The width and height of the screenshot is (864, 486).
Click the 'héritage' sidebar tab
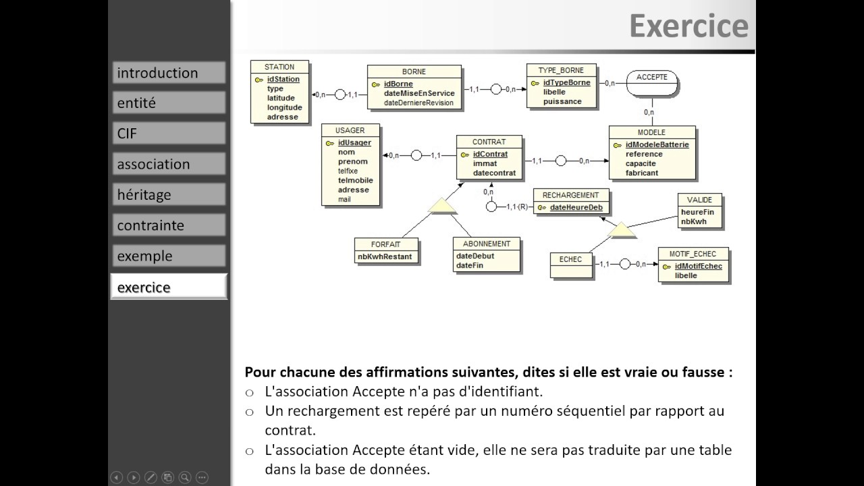tap(168, 195)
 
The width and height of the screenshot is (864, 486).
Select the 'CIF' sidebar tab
tap(168, 134)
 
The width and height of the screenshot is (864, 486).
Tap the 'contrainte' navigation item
tap(168, 225)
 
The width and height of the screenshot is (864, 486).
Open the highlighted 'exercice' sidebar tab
tap(168, 287)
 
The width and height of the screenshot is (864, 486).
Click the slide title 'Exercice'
tap(688, 26)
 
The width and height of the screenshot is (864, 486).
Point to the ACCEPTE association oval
tap(651, 83)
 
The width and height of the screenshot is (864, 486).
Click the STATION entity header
tap(279, 67)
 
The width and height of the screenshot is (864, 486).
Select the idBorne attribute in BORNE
tap(398, 84)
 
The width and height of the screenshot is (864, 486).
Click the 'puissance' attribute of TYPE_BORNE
tap(562, 101)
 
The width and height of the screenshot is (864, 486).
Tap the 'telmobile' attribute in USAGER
tap(355, 180)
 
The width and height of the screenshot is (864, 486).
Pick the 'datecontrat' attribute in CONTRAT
tap(494, 173)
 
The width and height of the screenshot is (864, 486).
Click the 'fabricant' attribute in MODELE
tap(641, 173)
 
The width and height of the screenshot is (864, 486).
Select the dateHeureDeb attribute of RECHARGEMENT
tap(576, 207)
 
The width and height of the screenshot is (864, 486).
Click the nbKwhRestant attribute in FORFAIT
tap(384, 256)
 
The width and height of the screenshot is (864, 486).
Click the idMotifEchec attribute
tap(698, 266)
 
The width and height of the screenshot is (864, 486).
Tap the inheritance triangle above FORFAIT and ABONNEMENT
tap(443, 207)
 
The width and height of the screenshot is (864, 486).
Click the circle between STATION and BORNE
tap(340, 94)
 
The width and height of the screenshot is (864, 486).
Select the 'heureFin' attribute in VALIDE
tap(697, 212)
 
